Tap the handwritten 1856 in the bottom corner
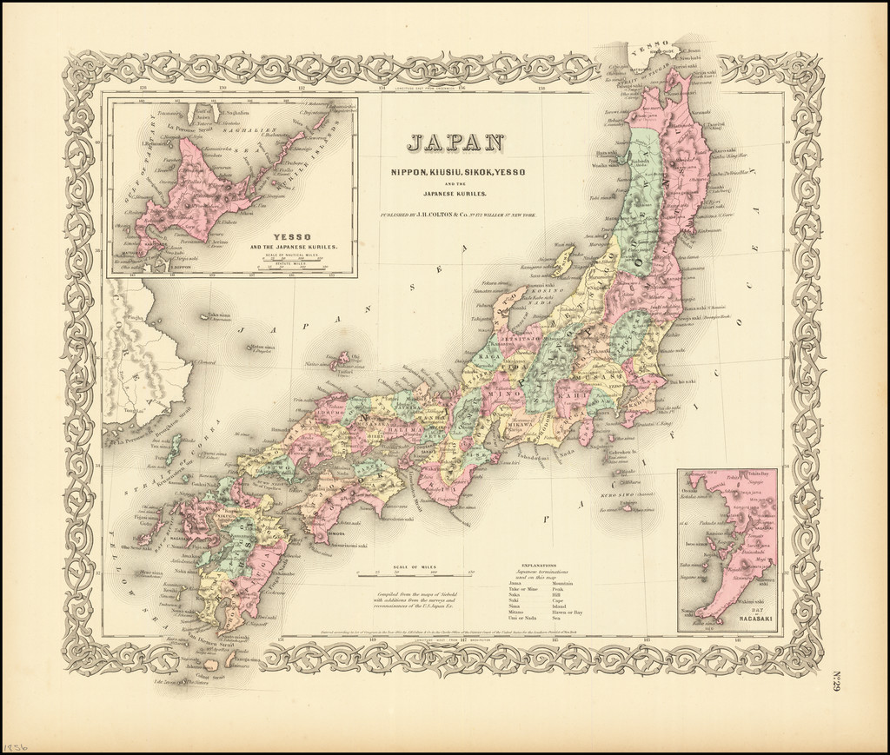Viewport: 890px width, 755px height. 15,745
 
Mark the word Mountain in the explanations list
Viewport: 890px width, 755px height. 562,581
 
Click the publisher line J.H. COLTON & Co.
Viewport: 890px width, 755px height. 455,213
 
